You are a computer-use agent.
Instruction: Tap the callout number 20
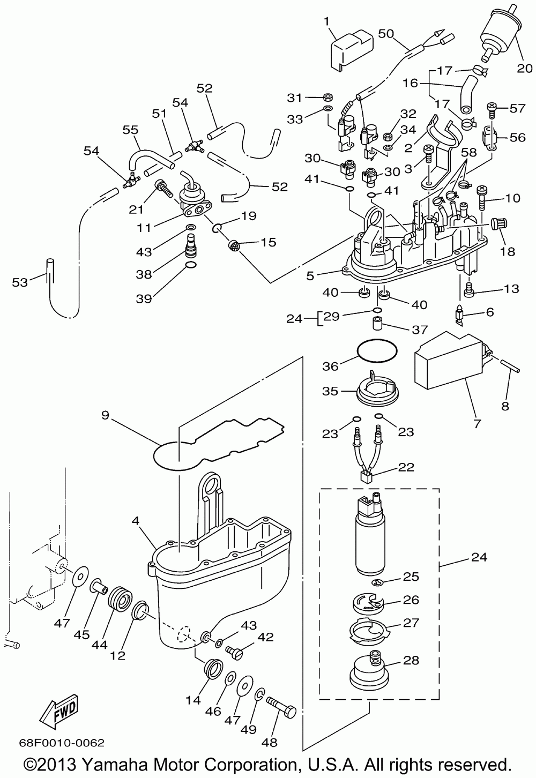click(525, 68)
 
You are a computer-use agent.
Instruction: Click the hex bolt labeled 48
click(281, 713)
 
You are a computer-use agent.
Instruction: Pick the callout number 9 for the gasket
click(105, 415)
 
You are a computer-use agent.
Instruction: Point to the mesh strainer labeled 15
click(233, 246)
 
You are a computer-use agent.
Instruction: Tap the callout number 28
click(411, 660)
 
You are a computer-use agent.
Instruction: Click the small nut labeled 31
click(327, 98)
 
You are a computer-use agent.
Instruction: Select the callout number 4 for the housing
click(136, 520)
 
